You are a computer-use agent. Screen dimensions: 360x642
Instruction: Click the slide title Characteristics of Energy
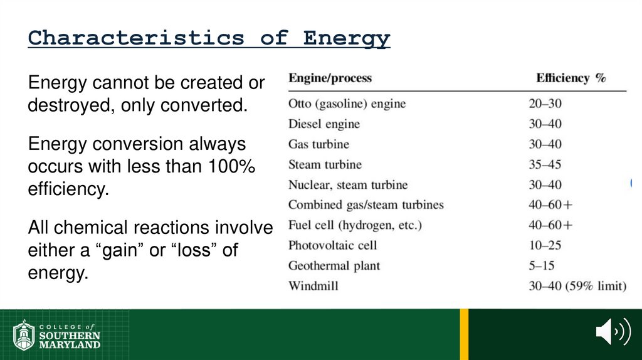coord(209,38)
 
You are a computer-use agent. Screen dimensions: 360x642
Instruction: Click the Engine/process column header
coord(330,78)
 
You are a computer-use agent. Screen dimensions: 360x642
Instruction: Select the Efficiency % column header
coord(571,78)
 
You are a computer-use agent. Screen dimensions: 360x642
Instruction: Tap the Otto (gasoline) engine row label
coord(347,103)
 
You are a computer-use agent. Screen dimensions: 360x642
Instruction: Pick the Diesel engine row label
coord(324,124)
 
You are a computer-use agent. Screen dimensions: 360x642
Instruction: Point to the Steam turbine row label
coord(325,165)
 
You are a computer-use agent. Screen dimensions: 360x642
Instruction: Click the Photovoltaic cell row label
coord(332,245)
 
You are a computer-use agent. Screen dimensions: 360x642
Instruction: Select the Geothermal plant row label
coord(334,266)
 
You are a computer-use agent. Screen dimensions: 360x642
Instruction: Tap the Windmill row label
coord(313,286)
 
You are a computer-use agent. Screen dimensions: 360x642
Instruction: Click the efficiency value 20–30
coord(545,103)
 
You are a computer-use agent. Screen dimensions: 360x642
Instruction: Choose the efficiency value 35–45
coord(545,165)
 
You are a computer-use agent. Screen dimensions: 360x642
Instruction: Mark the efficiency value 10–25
coord(545,245)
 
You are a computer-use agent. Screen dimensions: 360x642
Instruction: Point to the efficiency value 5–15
coord(541,266)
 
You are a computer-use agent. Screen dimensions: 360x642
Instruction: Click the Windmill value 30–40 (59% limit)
coord(577,286)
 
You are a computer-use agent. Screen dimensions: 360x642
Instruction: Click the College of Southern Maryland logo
coord(57,335)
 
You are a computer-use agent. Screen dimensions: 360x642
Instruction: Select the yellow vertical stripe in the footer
coord(464,334)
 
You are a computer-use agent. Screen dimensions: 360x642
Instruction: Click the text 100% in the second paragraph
coord(229,167)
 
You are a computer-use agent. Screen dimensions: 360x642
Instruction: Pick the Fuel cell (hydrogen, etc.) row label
coord(355,225)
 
